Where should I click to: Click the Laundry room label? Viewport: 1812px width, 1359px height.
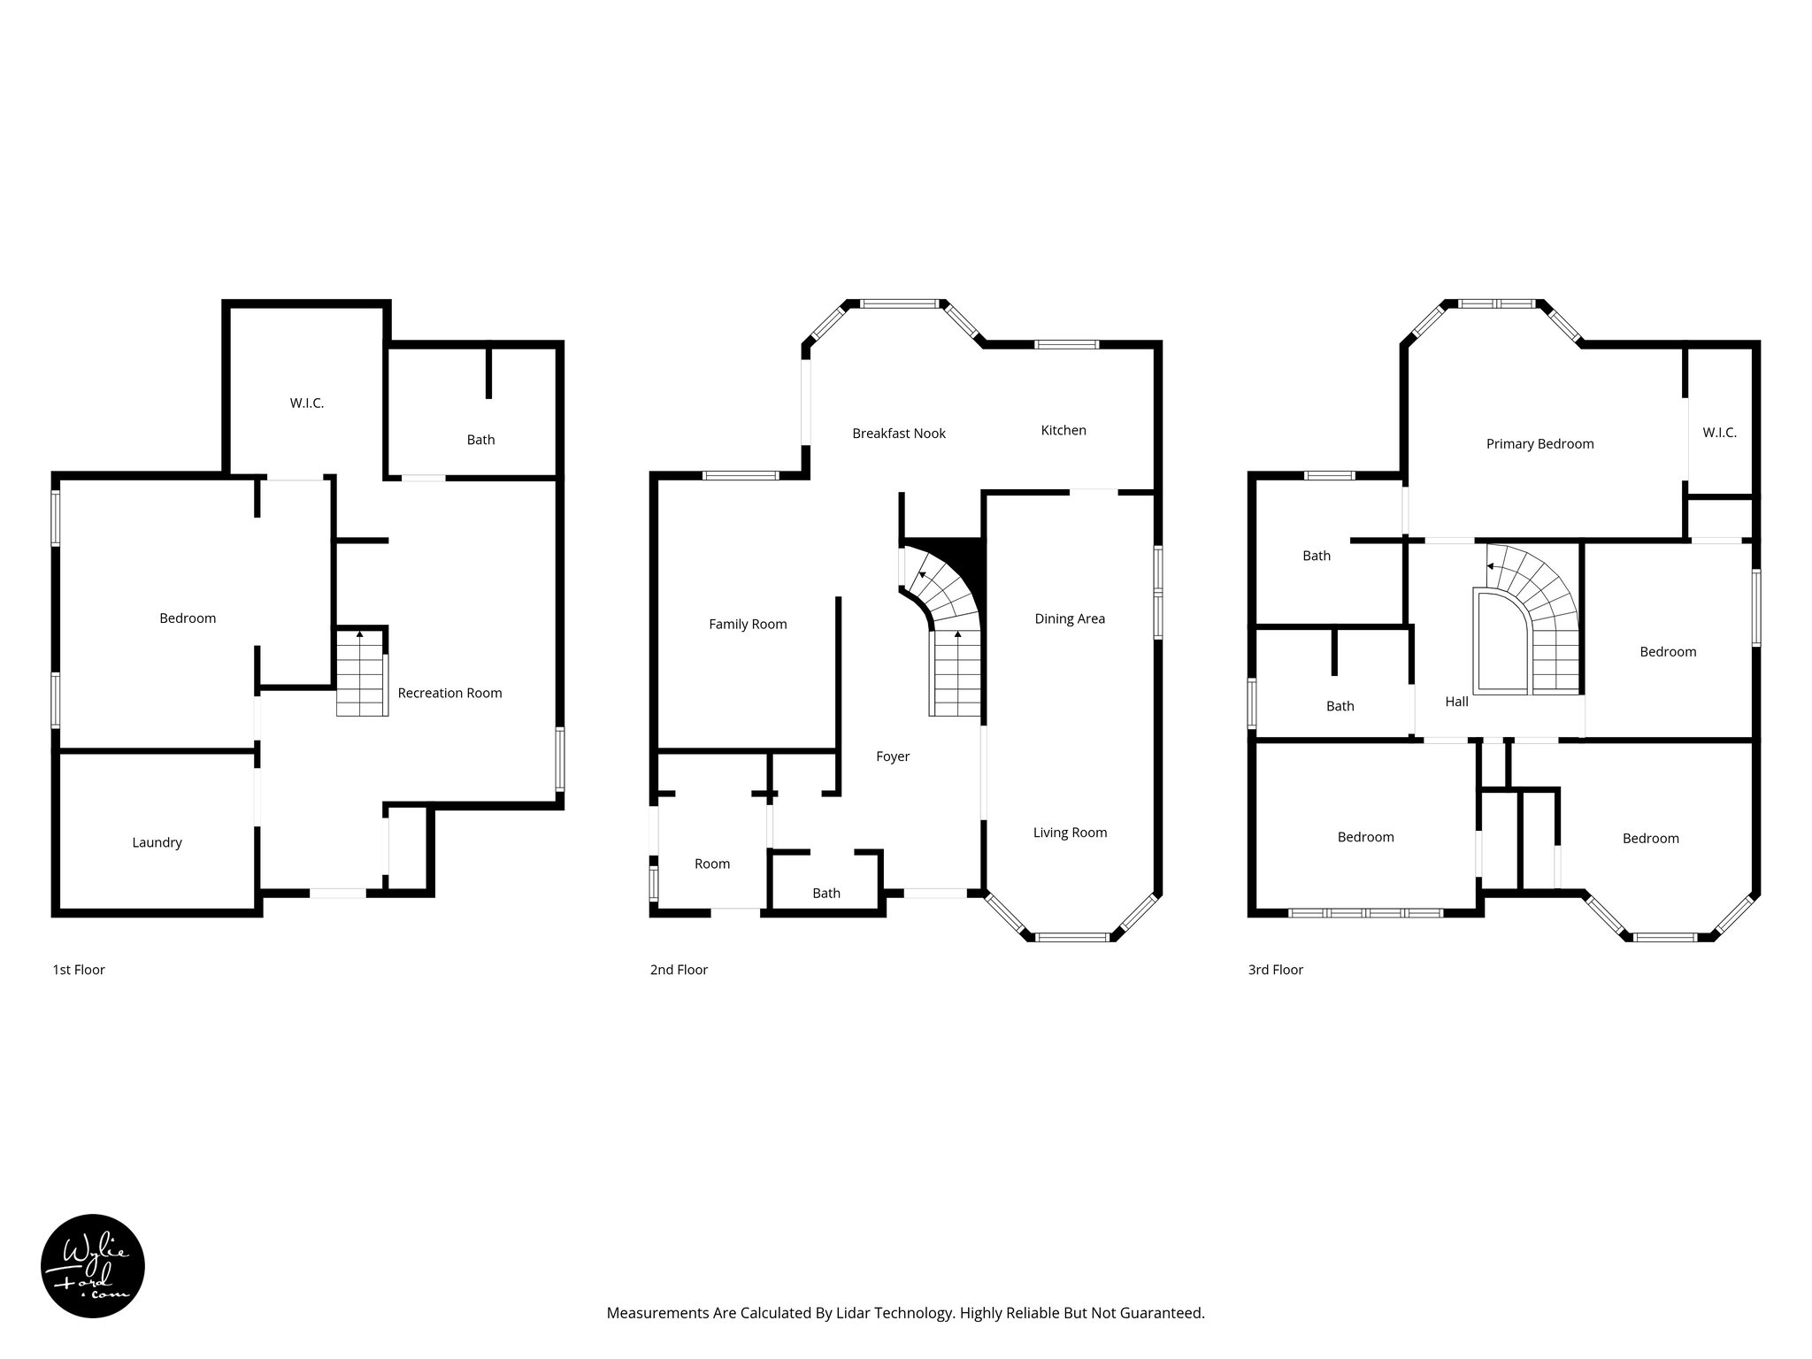pyautogui.click(x=157, y=842)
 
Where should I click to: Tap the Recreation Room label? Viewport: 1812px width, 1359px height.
pyautogui.click(x=449, y=693)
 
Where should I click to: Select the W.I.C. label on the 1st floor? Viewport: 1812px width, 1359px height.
pyautogui.click(x=306, y=403)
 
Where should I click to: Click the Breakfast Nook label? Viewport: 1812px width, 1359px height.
pyautogui.click(x=898, y=434)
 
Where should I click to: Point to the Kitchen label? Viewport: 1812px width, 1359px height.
pyautogui.click(x=1063, y=430)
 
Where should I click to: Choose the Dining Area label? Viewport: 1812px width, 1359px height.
pyautogui.click(x=1069, y=618)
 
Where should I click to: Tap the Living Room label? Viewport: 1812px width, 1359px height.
pyautogui.click(x=1070, y=833)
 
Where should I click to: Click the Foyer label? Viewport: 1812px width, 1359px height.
pyautogui.click(x=892, y=756)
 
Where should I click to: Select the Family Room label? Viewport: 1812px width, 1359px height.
pyautogui.click(x=748, y=624)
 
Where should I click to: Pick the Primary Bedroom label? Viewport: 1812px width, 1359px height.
pyautogui.click(x=1539, y=444)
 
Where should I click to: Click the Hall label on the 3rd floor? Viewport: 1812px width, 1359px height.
pyautogui.click(x=1456, y=702)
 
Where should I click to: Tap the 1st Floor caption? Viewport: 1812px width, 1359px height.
pyautogui.click(x=79, y=970)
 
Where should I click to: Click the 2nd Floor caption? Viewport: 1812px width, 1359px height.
pyautogui.click(x=679, y=970)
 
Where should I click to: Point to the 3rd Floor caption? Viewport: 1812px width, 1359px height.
pyautogui.click(x=1275, y=970)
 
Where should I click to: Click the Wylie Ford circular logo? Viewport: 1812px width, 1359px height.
pyautogui.click(x=93, y=1266)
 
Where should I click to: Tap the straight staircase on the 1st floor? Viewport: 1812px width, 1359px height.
pyautogui.click(x=361, y=676)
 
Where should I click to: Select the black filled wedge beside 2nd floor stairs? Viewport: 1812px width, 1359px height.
pyautogui.click(x=964, y=557)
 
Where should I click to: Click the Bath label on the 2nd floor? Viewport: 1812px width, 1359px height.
pyautogui.click(x=825, y=894)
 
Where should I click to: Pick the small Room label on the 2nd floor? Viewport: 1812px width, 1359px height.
pyautogui.click(x=711, y=864)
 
